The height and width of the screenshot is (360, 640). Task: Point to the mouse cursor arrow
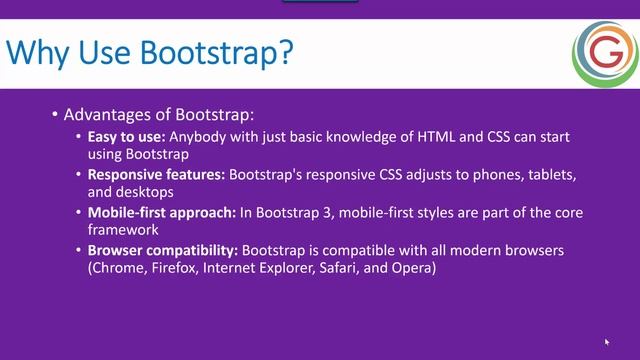tap(607, 342)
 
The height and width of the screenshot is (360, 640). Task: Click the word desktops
tap(146, 192)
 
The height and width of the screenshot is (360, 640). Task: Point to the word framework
tap(126, 230)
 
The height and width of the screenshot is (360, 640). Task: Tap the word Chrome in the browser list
tap(120, 269)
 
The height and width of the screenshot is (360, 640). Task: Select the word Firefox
tap(180, 269)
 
